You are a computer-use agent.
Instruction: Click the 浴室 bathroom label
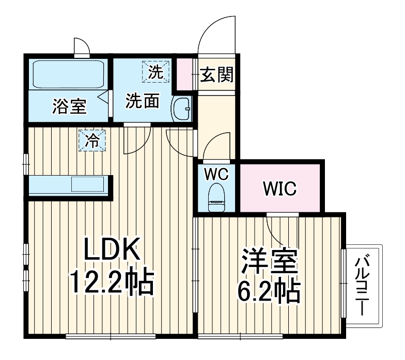pyautogui.click(x=69, y=106)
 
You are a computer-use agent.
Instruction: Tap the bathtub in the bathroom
pyautogui.click(x=68, y=74)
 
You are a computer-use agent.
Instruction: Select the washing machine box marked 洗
pyautogui.click(x=155, y=72)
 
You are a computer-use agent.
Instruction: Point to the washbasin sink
pyautogui.click(x=181, y=108)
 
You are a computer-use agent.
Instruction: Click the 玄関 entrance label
pyautogui.click(x=216, y=75)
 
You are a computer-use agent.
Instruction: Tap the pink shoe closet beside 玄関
pyautogui.click(x=184, y=74)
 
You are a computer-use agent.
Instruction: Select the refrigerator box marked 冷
pyautogui.click(x=92, y=140)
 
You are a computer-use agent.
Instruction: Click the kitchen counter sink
pyautogui.click(x=88, y=184)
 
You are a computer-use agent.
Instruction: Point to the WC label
pyautogui.click(x=216, y=174)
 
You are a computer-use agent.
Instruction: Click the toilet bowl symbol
pyautogui.click(x=216, y=197)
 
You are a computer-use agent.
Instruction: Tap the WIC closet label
pyautogui.click(x=280, y=189)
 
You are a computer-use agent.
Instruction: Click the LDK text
pyautogui.click(x=112, y=249)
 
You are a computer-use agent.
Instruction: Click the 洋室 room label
pyautogui.click(x=270, y=261)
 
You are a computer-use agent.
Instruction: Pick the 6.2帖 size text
pyautogui.click(x=269, y=291)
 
